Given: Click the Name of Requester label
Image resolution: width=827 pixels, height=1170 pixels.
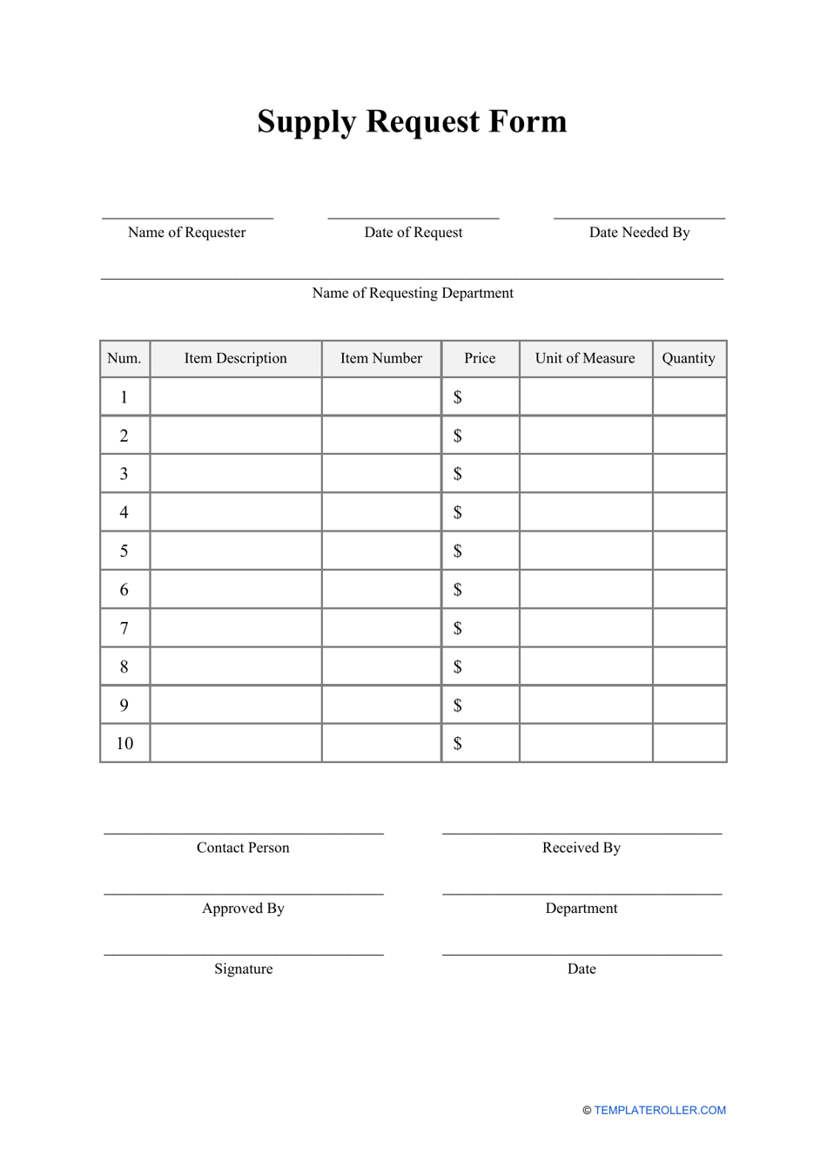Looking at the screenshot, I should pyautogui.click(x=186, y=233).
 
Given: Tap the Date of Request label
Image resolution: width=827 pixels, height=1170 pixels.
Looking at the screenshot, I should pyautogui.click(x=413, y=233).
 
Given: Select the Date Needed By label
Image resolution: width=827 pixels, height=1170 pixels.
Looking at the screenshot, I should pyautogui.click(x=639, y=233).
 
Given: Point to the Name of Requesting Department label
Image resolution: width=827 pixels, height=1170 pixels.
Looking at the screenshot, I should pyautogui.click(x=413, y=294).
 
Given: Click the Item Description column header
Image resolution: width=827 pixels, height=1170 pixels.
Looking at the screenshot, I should pyautogui.click(x=235, y=359).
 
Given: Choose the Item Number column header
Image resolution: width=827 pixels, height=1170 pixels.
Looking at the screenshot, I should pyautogui.click(x=380, y=359).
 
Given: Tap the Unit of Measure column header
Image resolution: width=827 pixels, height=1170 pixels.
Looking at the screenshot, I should pyautogui.click(x=585, y=359).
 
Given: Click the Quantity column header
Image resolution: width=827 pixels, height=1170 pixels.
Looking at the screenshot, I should pyautogui.click(x=689, y=359).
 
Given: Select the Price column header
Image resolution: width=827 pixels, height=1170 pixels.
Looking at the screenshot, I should pyautogui.click(x=480, y=359).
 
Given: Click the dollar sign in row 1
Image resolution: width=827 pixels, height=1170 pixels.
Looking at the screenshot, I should pyautogui.click(x=458, y=398).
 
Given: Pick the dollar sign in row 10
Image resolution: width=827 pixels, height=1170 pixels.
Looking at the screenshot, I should pyautogui.click(x=458, y=744).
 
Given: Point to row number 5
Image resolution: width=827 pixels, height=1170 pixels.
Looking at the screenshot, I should pyautogui.click(x=124, y=551).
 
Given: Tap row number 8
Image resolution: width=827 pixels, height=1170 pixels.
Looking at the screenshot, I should pyautogui.click(x=124, y=667).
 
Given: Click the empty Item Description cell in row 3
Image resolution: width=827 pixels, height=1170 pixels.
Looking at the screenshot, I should pyautogui.click(x=235, y=474).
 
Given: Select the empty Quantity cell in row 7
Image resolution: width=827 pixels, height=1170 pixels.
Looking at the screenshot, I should pyautogui.click(x=689, y=628).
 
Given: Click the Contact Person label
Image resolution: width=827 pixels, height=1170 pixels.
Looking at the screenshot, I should pyautogui.click(x=243, y=849).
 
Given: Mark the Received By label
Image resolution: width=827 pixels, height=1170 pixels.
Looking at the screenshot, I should pyautogui.click(x=582, y=849).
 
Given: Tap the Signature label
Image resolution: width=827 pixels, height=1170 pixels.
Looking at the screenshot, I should pyautogui.click(x=244, y=970).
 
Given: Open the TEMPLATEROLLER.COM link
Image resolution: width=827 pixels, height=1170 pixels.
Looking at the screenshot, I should pyautogui.click(x=660, y=1111).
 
